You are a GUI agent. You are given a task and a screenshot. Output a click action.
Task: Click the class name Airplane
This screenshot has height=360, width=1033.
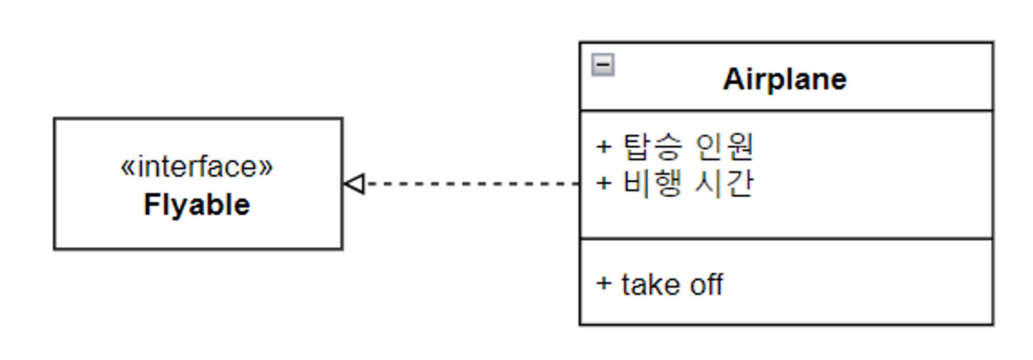point(785,80)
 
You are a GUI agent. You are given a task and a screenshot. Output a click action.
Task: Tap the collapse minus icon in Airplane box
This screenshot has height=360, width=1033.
point(603,65)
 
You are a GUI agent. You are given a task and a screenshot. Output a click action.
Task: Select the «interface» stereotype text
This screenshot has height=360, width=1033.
point(196,167)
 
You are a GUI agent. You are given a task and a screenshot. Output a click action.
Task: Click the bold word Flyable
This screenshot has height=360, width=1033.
point(197,205)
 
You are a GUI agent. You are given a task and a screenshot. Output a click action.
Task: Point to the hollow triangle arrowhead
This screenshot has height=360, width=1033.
point(355,183)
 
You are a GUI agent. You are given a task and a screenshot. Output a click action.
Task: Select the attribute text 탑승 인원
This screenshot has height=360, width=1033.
point(688,147)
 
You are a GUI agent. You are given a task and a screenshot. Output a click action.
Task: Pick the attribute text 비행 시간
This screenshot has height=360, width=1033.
point(688,182)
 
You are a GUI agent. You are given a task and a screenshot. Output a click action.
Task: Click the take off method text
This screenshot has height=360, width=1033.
point(672,285)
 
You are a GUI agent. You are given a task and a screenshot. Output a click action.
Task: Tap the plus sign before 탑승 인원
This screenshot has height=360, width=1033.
point(604,147)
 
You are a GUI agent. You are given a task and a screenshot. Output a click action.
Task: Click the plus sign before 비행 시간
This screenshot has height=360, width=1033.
point(604,183)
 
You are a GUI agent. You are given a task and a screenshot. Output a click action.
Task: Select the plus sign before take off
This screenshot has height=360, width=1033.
point(604,283)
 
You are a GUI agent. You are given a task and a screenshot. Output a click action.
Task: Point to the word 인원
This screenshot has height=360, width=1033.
point(724,147)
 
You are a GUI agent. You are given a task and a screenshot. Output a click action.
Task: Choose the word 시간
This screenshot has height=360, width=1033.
point(724,182)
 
